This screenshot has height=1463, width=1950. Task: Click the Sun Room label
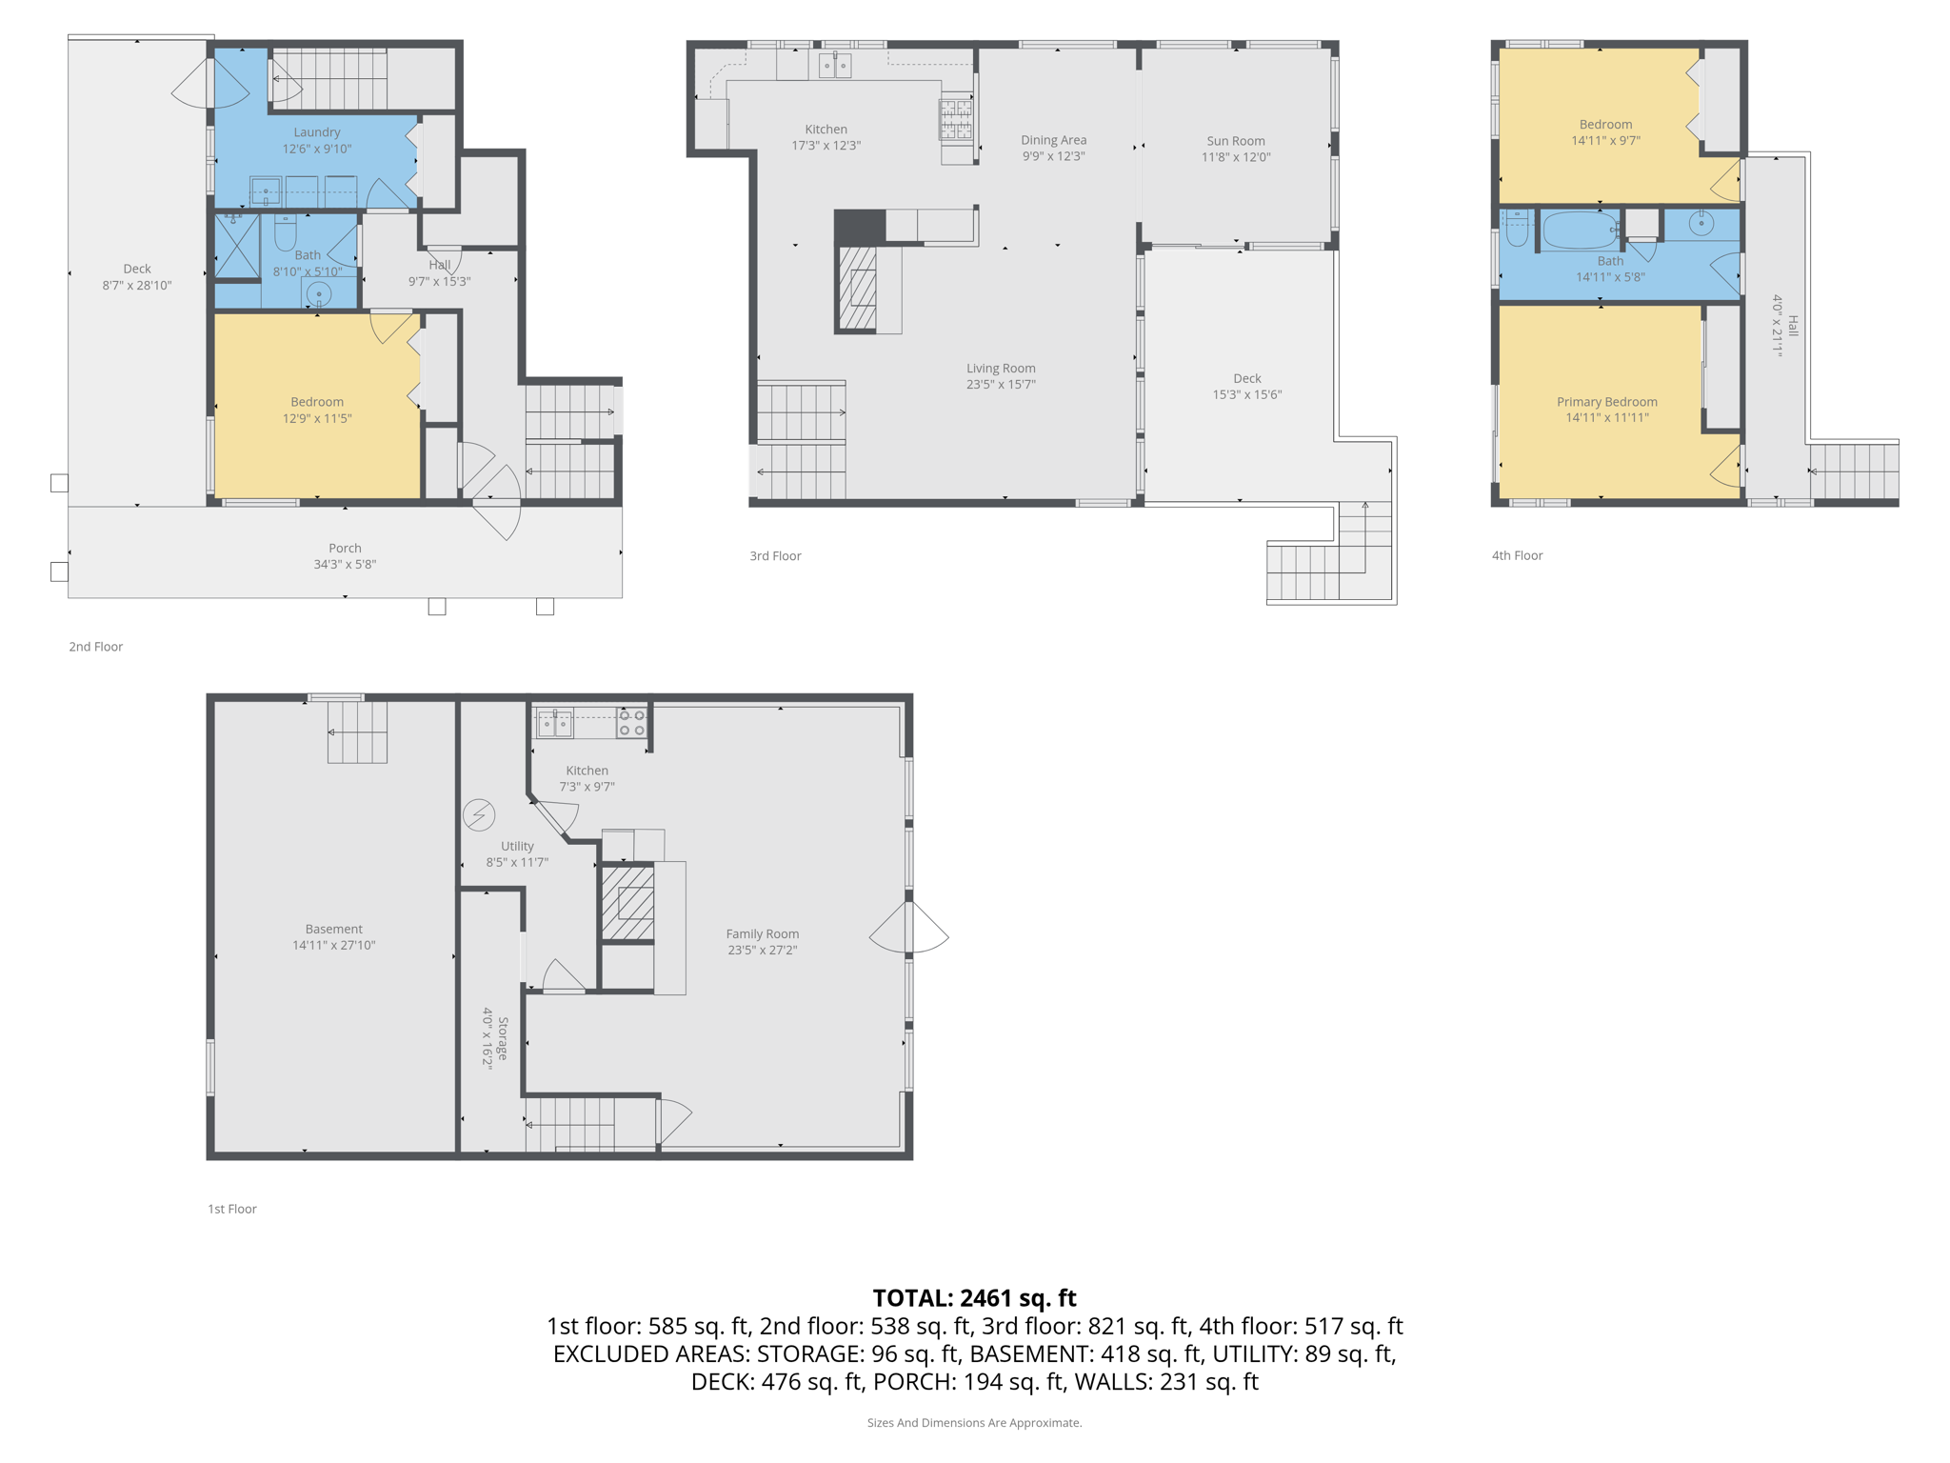1235,141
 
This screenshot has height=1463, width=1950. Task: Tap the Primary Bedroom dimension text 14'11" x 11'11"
1606,417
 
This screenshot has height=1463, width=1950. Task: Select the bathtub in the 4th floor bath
1579,230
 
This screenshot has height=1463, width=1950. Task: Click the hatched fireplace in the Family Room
628,902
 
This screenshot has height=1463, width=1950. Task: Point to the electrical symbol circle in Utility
479,814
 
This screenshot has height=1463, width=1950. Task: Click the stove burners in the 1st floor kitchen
631,723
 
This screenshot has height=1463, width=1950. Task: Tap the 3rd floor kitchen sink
835,66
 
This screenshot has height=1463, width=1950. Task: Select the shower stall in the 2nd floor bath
237,246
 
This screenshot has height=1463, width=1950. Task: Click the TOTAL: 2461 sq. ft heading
974,1297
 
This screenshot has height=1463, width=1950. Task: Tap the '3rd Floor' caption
775,555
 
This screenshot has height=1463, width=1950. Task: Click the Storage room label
503,1038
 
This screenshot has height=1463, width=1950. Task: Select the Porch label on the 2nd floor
345,548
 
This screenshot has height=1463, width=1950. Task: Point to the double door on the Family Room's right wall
909,928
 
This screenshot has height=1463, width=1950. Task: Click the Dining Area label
1053,140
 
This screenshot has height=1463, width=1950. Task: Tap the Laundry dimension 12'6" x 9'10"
317,149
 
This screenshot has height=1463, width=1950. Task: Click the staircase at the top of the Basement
357,731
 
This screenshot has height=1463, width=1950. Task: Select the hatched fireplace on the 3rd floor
857,289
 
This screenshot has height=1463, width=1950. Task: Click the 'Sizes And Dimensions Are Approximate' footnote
974,1422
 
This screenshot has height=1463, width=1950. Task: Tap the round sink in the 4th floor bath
1701,223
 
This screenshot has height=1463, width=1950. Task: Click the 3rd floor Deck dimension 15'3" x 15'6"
1246,394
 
